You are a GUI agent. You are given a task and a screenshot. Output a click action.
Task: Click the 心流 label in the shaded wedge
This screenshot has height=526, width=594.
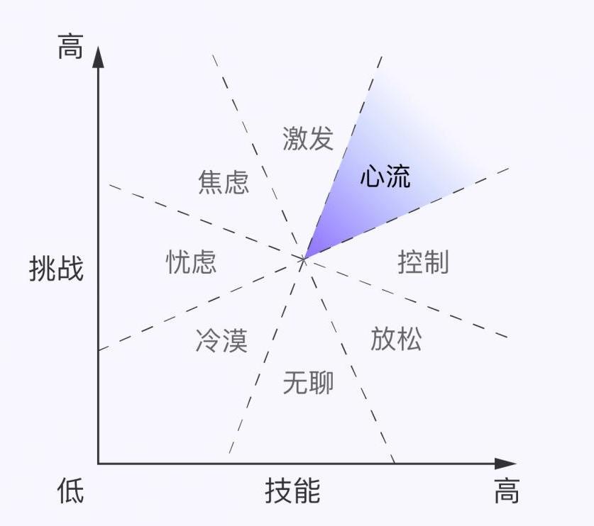click(385, 177)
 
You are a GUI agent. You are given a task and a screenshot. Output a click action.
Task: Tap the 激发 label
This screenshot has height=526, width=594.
click(307, 138)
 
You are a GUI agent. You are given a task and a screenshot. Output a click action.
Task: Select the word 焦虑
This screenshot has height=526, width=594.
click(224, 182)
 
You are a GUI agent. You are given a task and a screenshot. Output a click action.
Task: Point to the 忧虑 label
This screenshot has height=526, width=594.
click(191, 262)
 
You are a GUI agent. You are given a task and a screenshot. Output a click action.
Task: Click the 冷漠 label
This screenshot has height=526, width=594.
click(221, 341)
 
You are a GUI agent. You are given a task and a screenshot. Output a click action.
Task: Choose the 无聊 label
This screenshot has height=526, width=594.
click(308, 383)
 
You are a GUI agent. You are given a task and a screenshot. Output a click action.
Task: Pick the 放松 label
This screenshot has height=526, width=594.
click(396, 339)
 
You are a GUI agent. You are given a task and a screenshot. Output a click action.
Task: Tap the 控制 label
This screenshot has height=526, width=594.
click(423, 262)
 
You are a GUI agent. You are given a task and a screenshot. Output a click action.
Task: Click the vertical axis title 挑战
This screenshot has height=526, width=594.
click(56, 269)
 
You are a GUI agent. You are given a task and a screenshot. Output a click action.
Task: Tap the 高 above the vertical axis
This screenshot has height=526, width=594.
click(70, 48)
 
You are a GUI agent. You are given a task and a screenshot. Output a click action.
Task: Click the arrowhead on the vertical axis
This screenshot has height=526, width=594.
click(99, 55)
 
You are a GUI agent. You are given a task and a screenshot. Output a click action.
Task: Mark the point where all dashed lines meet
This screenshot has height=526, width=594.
click(304, 259)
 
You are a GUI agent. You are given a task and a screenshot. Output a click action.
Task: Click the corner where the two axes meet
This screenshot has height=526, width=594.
click(99, 464)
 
